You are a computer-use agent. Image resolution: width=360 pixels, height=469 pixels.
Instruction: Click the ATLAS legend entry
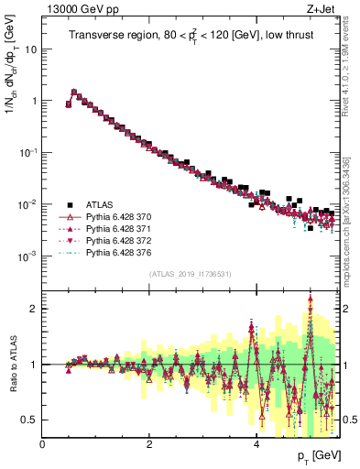tap(97, 205)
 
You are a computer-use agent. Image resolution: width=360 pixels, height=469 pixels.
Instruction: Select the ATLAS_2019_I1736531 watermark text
tap(191, 273)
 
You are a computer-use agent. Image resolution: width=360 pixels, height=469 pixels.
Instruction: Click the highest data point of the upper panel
tap(74, 92)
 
